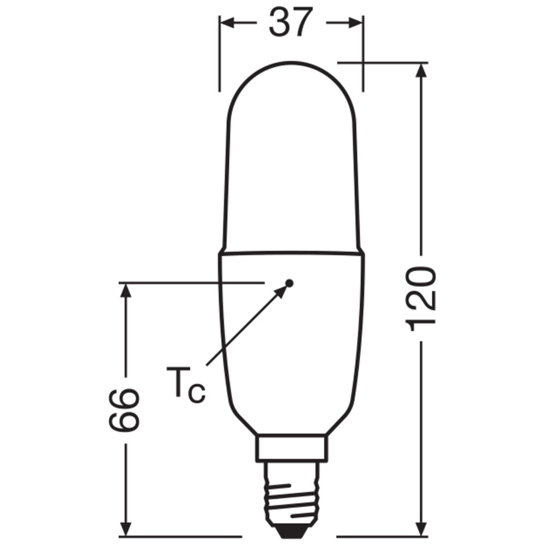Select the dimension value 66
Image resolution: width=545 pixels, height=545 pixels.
tap(124, 410)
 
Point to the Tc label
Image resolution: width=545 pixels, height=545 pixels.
tap(186, 385)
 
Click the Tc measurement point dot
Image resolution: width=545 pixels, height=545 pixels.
tap(289, 283)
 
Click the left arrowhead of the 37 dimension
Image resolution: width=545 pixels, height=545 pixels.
tap(227, 22)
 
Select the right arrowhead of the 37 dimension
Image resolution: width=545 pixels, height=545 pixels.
tap(356, 22)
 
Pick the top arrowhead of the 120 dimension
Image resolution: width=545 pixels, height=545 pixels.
tap(421, 71)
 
